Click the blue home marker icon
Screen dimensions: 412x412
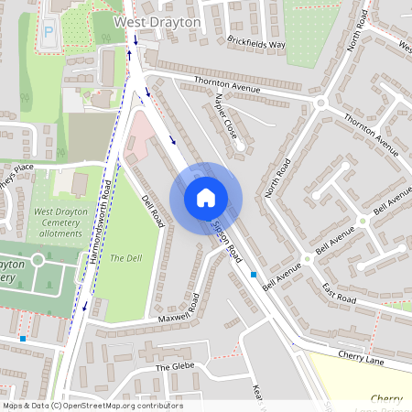206,198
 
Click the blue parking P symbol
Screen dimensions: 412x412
48,31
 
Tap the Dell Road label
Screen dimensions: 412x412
152,210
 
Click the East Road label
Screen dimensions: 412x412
340,292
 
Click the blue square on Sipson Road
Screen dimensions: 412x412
254,274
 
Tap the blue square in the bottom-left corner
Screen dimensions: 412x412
22,339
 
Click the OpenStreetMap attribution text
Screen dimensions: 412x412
92,406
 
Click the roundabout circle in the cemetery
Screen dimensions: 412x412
38,260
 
